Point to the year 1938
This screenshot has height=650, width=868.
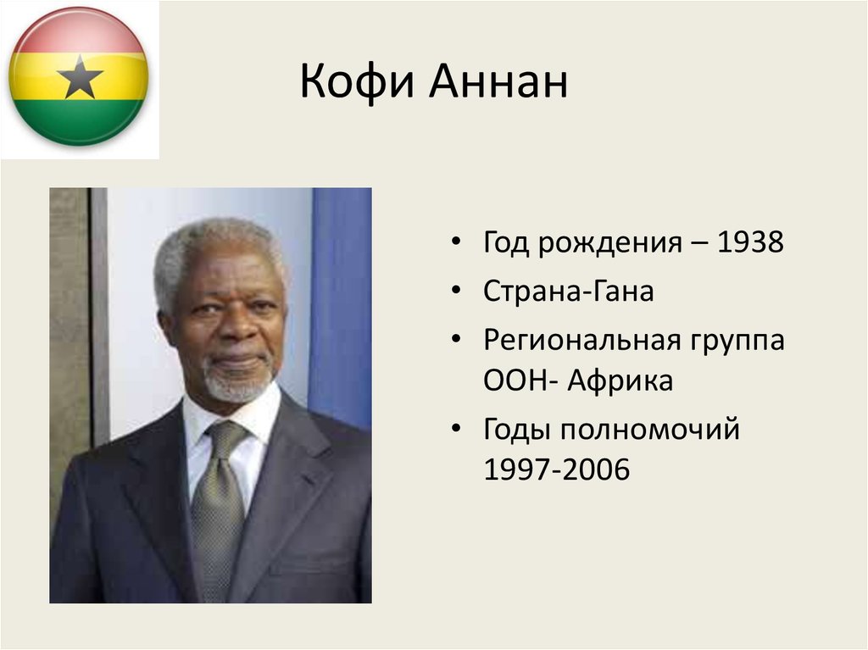click(x=750, y=243)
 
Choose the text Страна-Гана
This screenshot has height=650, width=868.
click(x=568, y=292)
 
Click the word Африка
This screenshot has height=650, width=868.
click(x=620, y=381)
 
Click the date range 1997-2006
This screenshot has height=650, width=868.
click(x=556, y=469)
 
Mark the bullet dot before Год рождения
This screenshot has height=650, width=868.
click(x=457, y=244)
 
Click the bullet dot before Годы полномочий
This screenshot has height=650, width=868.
click(x=457, y=430)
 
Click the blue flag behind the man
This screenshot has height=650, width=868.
click(x=341, y=305)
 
